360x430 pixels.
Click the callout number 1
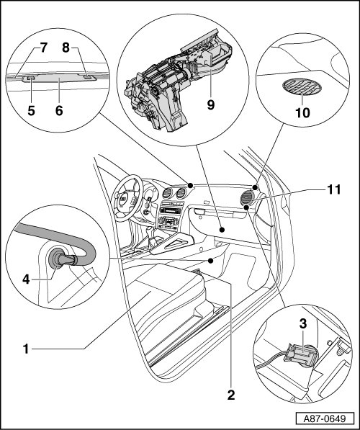click(26, 349)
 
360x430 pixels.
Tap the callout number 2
click(231, 395)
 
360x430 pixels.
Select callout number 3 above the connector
click(302, 324)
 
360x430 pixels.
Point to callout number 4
click(26, 279)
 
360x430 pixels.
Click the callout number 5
click(31, 110)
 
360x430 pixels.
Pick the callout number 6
click(59, 110)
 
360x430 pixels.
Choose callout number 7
click(43, 48)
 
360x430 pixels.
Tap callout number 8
click(66, 48)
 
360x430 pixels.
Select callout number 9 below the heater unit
click(210, 104)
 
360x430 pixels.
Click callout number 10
click(302, 112)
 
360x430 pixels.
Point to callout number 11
click(333, 189)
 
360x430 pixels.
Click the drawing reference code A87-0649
click(325, 418)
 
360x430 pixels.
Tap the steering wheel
click(128, 198)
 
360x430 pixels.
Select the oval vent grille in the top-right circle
click(302, 86)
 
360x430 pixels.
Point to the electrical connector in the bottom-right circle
click(300, 353)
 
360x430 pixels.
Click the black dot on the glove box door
click(222, 229)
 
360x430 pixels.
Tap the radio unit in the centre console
click(171, 210)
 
